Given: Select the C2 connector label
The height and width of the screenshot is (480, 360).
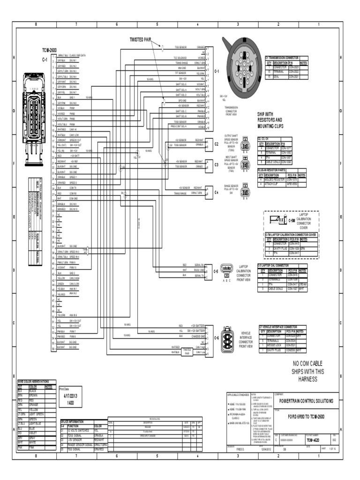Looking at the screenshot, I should coord(217,144).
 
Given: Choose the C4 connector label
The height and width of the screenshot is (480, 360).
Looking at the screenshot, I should coord(217,192).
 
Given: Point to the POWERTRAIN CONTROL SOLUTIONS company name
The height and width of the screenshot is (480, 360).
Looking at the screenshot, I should coord(306,401).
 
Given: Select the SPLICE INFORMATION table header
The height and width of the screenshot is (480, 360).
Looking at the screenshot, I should coord(71,421).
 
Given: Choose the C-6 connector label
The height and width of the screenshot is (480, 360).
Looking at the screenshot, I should coord(216,337).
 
